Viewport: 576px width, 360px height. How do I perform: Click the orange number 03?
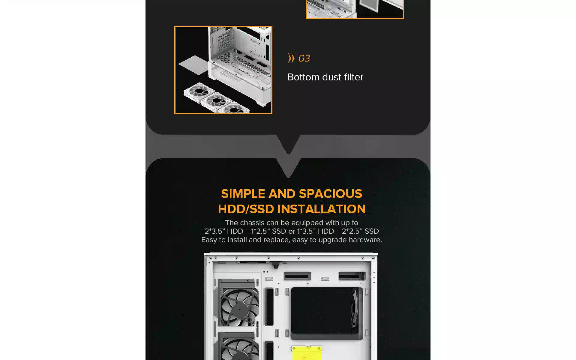304,58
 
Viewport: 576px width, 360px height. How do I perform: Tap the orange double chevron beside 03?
291,58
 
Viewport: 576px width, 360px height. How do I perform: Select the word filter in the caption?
354,77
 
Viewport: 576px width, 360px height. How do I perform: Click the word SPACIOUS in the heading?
331,194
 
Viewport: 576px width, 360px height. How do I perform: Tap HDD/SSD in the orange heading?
246,209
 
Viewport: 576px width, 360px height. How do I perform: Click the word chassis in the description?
252,223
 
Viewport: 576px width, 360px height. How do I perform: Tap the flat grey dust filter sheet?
194,65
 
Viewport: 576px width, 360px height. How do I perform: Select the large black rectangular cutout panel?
327,311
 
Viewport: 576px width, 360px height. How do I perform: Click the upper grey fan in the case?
238,303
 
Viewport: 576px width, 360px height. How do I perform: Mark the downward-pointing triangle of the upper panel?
288,144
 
